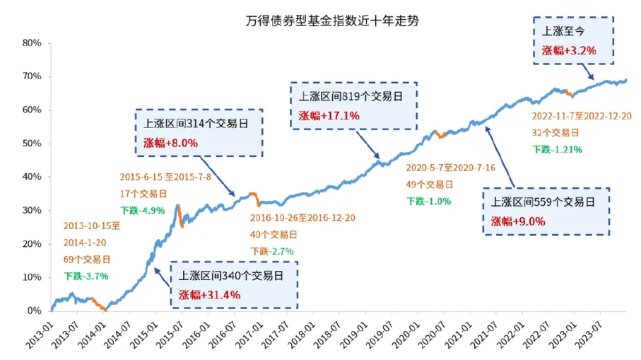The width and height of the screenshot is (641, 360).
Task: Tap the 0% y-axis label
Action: pyautogui.click(x=35, y=311)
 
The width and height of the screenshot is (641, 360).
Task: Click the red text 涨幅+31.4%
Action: pyautogui.click(x=209, y=294)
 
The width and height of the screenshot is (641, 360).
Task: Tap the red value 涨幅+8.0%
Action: pyautogui.click(x=167, y=142)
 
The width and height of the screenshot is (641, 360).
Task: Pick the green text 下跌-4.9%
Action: pyautogui.click(x=139, y=210)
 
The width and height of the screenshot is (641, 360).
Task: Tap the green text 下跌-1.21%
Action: pyautogui.click(x=558, y=149)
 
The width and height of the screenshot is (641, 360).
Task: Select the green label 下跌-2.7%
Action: pyautogui.click(x=272, y=251)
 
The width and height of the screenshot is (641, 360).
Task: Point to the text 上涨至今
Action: pyautogui.click(x=561, y=32)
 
